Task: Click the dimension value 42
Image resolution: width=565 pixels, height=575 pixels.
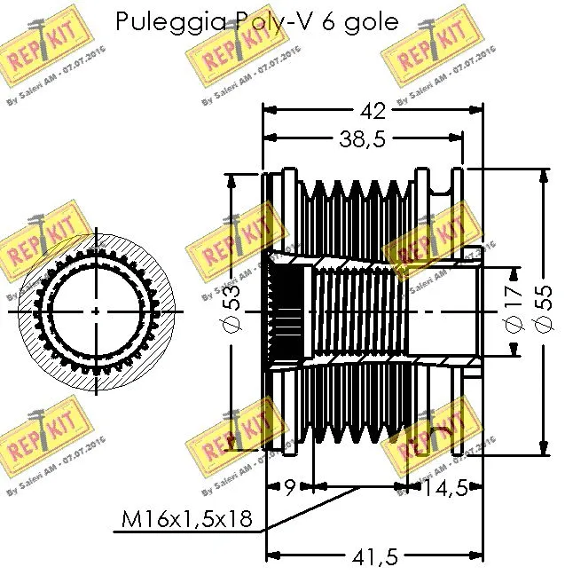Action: click(x=374, y=111)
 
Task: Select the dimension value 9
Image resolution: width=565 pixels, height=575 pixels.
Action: click(x=291, y=487)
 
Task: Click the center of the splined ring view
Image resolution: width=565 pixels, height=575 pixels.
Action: click(x=96, y=311)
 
